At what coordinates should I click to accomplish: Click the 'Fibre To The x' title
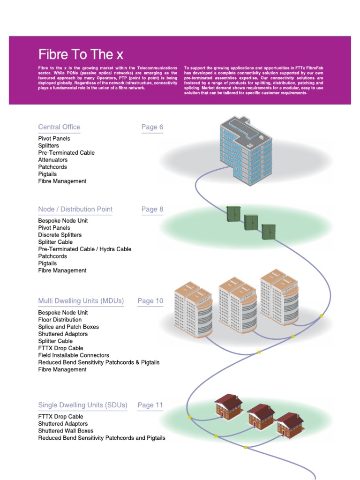coord(81,54)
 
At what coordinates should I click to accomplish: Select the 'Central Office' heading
coord(59,127)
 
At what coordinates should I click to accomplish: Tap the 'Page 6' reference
coord(152,127)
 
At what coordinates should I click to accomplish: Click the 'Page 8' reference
coord(152,210)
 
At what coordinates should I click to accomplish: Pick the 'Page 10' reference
coord(150,301)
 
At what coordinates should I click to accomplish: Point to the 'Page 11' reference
coord(150,405)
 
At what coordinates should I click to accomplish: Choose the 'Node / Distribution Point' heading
coord(75,210)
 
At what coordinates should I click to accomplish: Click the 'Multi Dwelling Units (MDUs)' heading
coord(81,301)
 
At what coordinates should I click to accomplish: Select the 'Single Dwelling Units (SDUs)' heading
coord(83,405)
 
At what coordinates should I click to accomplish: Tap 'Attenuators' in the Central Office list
coord(53,160)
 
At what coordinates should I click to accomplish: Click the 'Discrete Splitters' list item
coord(60,235)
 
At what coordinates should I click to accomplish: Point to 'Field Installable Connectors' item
coord(74,355)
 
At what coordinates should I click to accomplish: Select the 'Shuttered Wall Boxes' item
coord(66,431)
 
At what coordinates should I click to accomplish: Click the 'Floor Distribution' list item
coord(60,320)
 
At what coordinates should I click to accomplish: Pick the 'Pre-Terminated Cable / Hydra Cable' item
coord(85,249)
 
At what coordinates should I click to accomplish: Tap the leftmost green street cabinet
coord(233,214)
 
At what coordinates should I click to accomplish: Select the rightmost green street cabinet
coord(269,232)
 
